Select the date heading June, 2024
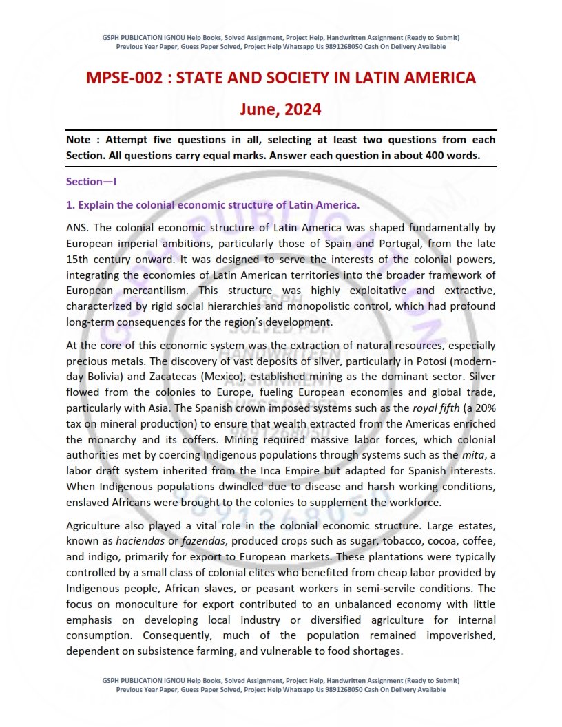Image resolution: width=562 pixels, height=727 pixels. click(280, 109)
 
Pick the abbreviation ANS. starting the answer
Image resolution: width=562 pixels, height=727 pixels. click(77, 226)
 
